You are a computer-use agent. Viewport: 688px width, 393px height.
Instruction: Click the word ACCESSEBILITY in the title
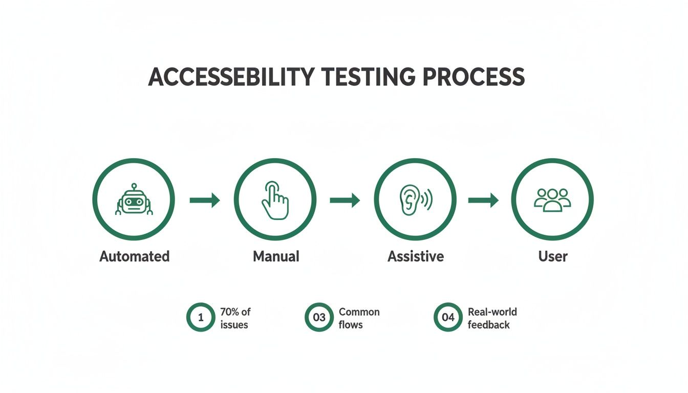pyautogui.click(x=231, y=77)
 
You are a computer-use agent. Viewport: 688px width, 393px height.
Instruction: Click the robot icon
pyautogui.click(x=134, y=200)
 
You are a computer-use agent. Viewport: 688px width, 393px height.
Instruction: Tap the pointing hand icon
pyautogui.click(x=275, y=200)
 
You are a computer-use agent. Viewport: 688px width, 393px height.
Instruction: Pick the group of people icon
pyautogui.click(x=552, y=200)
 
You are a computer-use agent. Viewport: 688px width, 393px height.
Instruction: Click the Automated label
pyautogui.click(x=134, y=256)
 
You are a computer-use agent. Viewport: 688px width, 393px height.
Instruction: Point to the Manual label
pyautogui.click(x=276, y=256)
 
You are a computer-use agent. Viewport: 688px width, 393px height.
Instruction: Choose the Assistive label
pyautogui.click(x=415, y=256)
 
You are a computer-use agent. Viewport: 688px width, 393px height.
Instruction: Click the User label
pyautogui.click(x=553, y=256)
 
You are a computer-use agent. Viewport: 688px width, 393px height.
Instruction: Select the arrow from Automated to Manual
pyautogui.click(x=205, y=200)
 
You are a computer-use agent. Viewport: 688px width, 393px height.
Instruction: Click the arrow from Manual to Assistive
pyautogui.click(x=345, y=200)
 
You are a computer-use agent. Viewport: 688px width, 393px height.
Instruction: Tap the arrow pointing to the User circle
pyautogui.click(x=483, y=200)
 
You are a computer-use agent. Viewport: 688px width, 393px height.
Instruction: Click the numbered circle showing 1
pyautogui.click(x=201, y=317)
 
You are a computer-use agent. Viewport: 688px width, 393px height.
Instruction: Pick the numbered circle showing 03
pyautogui.click(x=319, y=317)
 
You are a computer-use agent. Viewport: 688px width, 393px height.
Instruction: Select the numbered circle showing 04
pyautogui.click(x=448, y=317)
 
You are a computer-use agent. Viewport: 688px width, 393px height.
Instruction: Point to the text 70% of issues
pyautogui.click(x=235, y=318)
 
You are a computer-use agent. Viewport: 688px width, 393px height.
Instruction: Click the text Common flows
pyautogui.click(x=359, y=318)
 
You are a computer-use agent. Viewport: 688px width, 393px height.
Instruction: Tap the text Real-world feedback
pyautogui.click(x=492, y=318)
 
